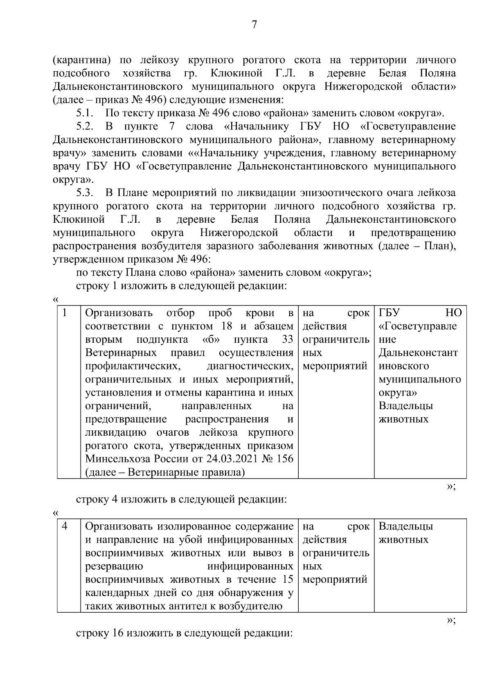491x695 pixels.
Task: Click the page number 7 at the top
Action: pyautogui.click(x=254, y=25)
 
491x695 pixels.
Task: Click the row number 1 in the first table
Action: pyautogui.click(x=65, y=313)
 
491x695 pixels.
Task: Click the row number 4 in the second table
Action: pyautogui.click(x=65, y=527)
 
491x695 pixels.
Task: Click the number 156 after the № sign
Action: pyautogui.click(x=285, y=459)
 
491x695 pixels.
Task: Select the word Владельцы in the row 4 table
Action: pyautogui.click(x=405, y=527)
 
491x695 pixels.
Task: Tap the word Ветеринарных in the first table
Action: pyautogui.click(x=121, y=353)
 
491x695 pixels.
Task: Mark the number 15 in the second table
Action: pyautogui.click(x=288, y=580)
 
